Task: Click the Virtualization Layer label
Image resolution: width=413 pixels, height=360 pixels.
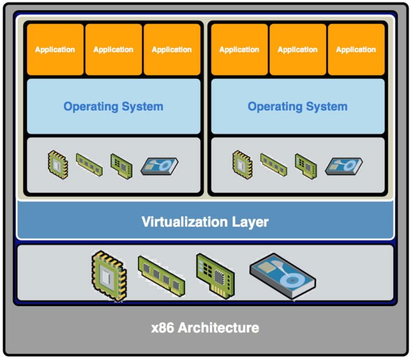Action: click(x=205, y=221)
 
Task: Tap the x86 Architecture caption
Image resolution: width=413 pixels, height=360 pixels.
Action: click(x=205, y=328)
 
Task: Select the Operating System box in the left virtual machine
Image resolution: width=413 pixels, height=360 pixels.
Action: click(x=113, y=106)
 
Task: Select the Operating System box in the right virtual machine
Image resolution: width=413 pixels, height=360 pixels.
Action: click(x=297, y=106)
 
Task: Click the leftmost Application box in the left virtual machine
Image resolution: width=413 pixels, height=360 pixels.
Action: click(x=55, y=50)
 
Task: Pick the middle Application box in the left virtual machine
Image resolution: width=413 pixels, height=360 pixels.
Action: click(x=113, y=50)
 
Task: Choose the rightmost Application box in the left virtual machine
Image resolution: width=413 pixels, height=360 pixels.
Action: click(x=171, y=50)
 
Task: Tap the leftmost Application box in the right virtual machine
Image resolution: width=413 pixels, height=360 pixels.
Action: click(x=239, y=50)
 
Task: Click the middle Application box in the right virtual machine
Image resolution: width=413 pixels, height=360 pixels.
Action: click(x=298, y=50)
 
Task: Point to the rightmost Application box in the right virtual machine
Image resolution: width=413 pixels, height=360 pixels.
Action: click(x=356, y=50)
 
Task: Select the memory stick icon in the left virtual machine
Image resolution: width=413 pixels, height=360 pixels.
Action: click(x=89, y=163)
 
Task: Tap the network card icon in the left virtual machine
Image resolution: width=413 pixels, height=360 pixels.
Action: click(x=122, y=165)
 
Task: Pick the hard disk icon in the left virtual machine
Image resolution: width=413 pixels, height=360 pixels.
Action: click(x=160, y=166)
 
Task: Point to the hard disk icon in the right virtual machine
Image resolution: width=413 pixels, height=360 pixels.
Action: click(x=344, y=166)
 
